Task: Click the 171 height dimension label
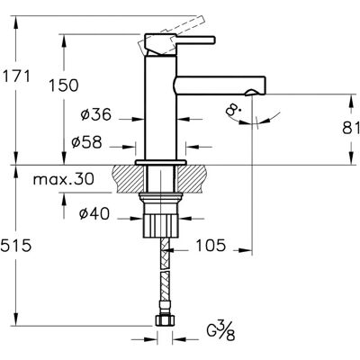[x=16, y=76]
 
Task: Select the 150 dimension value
[x=64, y=85]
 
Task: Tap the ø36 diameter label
[x=96, y=114]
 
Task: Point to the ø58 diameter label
[x=86, y=142]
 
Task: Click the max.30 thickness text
[x=64, y=179]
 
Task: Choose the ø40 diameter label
[x=94, y=214]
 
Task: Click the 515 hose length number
[x=15, y=246]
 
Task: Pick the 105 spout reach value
[x=211, y=246]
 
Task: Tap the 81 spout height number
[x=351, y=128]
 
